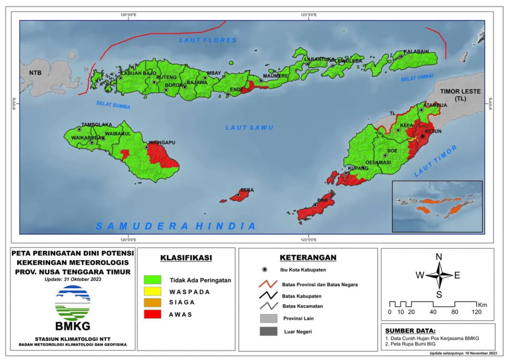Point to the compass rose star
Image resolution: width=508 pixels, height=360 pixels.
439,275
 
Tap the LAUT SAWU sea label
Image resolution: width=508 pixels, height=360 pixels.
250,128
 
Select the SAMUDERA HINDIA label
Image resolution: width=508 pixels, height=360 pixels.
176,226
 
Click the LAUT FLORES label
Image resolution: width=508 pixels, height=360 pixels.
208,40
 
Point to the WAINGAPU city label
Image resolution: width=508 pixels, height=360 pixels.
162,143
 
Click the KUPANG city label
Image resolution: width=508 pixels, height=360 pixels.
357,168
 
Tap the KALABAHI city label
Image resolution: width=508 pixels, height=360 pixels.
416,52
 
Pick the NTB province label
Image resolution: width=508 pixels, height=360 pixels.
35,73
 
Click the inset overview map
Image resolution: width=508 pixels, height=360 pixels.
437,206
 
